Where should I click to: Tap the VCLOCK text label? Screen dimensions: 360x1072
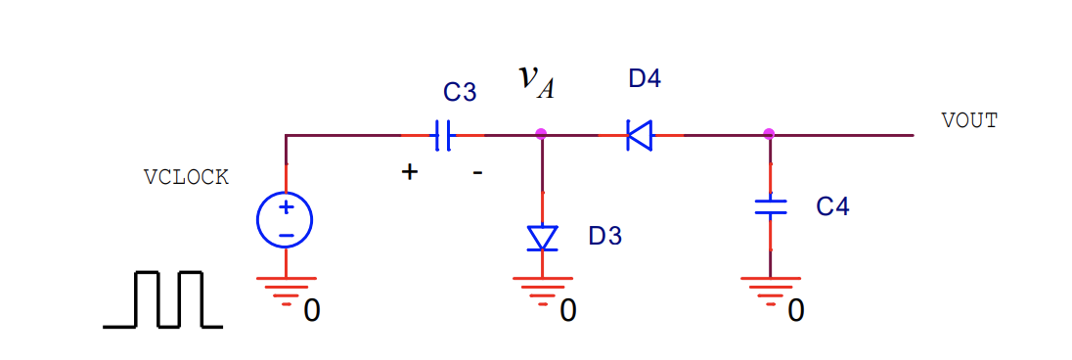186,177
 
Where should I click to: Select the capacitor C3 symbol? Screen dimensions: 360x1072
443,135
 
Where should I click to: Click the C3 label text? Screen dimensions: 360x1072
460,93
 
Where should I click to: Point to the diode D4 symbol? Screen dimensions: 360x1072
640,135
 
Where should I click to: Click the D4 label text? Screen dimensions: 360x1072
645,79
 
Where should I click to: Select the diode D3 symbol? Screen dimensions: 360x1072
542,238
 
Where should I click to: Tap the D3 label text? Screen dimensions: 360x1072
604,236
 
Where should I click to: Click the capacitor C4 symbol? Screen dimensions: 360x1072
770,206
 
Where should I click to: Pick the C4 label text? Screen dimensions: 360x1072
832,206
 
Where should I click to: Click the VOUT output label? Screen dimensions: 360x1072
969,120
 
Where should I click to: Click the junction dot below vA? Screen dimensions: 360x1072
541,134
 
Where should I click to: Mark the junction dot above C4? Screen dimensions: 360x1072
769,134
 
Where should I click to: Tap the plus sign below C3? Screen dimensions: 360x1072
410,172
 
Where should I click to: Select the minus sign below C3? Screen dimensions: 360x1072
477,172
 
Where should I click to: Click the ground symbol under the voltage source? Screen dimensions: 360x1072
285,290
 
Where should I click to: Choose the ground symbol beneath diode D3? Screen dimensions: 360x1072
541,290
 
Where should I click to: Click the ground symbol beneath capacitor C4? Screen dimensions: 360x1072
770,290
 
